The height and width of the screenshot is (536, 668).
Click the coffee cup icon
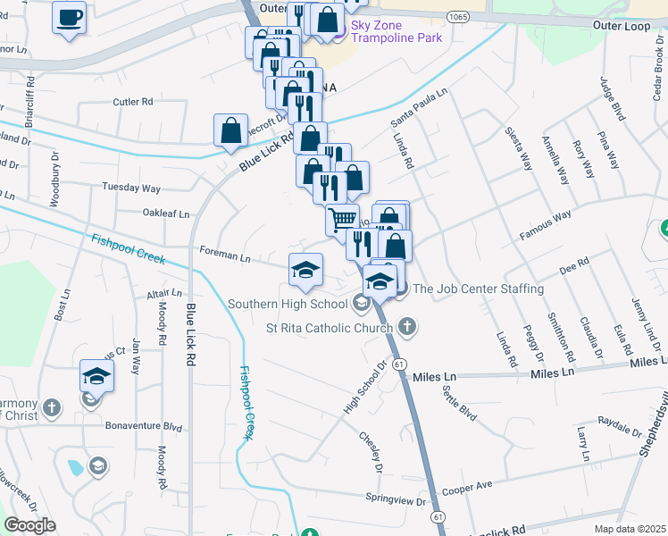[69, 17]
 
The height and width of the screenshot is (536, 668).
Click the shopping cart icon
[342, 218]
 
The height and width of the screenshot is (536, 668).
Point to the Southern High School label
[287, 304]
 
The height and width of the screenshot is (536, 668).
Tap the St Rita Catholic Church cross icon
[407, 326]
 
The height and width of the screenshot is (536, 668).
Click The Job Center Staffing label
[478, 289]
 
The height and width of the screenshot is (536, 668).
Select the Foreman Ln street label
[225, 256]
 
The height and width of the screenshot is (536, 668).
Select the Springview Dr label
[397, 499]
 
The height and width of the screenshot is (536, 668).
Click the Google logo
[30, 525]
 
